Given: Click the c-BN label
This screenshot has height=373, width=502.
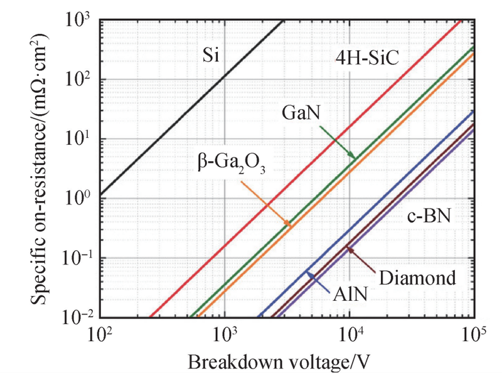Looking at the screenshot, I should click(x=429, y=218).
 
